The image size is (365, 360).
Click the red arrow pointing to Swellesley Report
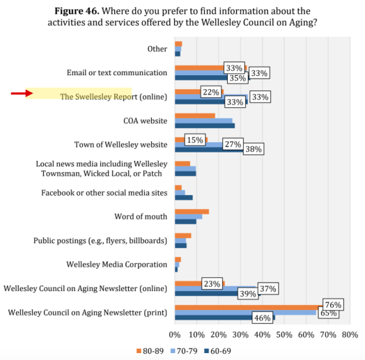point(22,93)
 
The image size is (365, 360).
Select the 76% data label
point(332,304)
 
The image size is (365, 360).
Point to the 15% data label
point(195,140)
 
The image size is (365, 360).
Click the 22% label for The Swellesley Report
point(211,92)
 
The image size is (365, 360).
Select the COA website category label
point(145,120)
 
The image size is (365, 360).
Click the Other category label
point(157,49)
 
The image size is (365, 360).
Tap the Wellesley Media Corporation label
point(116,265)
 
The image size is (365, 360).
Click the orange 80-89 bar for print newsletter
point(244,307)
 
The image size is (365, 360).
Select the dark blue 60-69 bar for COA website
point(205,126)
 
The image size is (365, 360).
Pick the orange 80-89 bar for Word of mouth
point(192,212)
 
